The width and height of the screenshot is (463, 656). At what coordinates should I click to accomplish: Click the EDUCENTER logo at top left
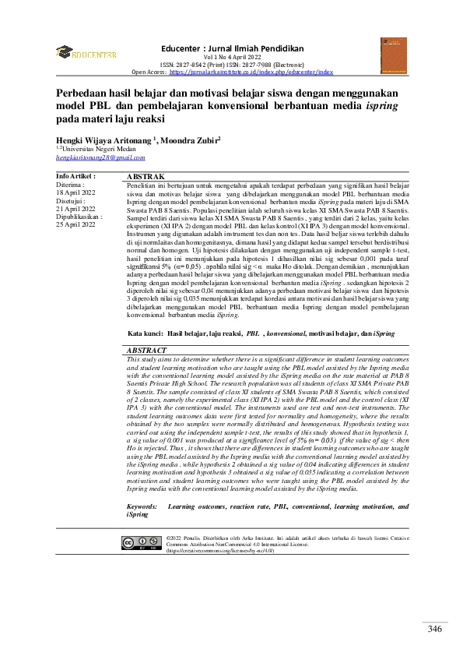(86, 54)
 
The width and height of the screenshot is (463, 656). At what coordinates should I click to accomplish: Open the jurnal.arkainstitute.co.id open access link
(251, 72)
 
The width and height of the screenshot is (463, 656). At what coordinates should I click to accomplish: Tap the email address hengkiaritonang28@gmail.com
(100, 158)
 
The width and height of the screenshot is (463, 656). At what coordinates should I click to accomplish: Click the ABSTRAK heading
(145, 178)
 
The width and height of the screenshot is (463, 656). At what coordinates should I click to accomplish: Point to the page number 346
(435, 630)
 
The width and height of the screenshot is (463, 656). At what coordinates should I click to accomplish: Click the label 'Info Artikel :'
(76, 178)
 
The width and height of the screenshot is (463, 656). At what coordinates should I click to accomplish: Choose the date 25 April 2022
(76, 224)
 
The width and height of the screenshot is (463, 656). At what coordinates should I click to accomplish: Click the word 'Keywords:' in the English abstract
(142, 506)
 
